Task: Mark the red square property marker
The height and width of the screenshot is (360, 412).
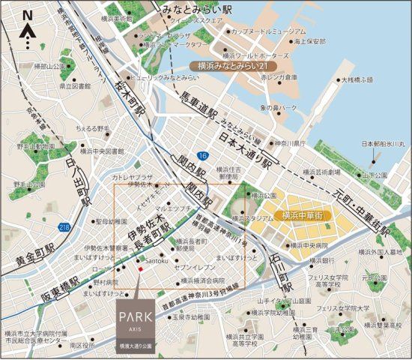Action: (139, 265)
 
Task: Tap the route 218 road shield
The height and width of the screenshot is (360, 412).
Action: (65, 226)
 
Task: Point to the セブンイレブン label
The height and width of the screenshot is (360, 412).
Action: (193, 268)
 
